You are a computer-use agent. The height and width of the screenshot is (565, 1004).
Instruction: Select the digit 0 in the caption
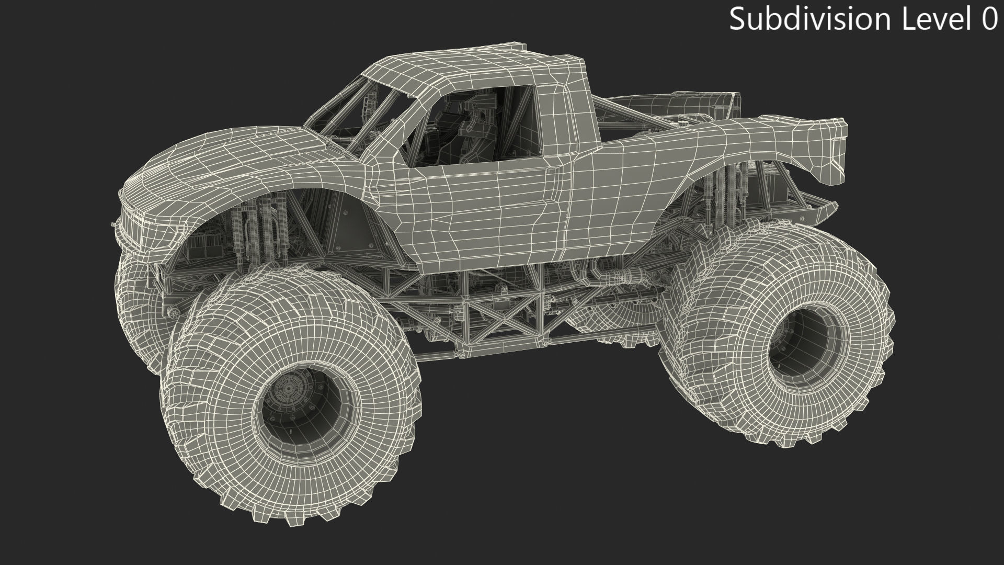pyautogui.click(x=987, y=19)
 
